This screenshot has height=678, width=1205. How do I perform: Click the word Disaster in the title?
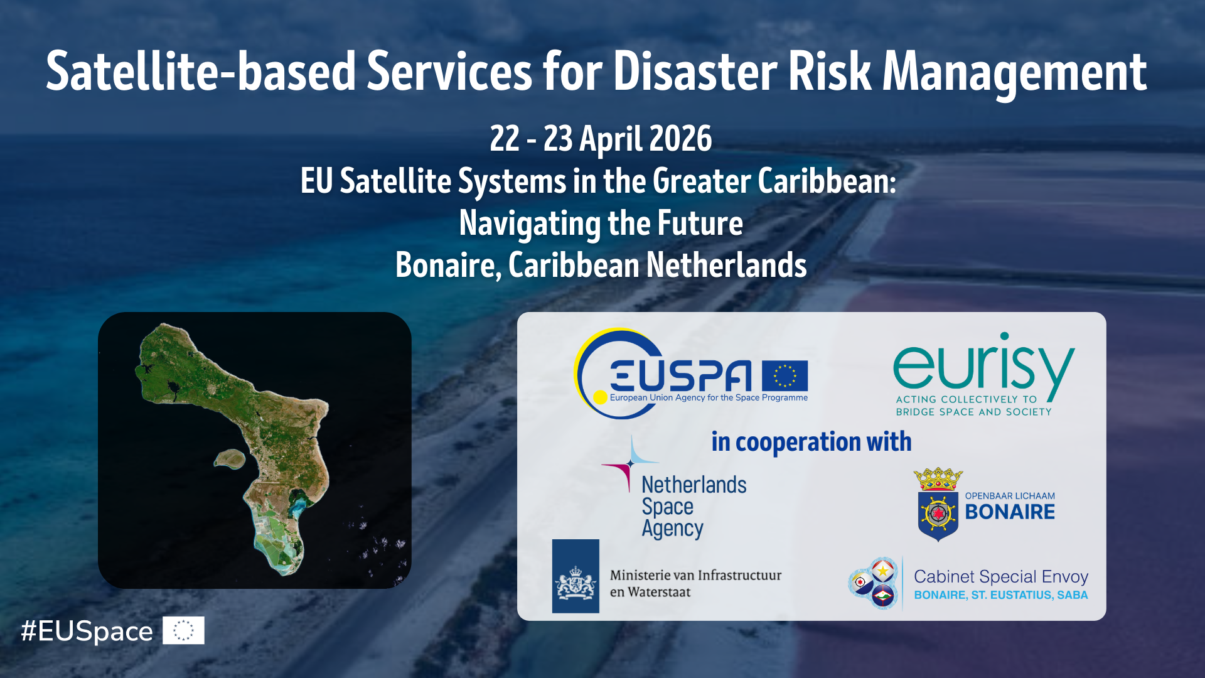[695, 72]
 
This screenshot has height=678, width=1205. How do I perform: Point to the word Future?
[700, 223]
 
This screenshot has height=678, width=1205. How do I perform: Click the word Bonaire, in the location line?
[448, 265]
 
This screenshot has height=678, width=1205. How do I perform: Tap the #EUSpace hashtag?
[87, 632]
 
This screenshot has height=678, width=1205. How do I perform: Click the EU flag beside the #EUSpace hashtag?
[183, 630]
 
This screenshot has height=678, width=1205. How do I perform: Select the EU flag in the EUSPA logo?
[785, 376]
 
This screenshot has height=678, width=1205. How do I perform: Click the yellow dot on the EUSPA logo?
[600, 397]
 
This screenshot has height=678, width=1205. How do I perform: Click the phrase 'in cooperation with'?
[811, 442]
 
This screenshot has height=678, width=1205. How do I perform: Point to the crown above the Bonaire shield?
[938, 479]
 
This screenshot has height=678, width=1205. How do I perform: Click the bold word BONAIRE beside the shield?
[1010, 512]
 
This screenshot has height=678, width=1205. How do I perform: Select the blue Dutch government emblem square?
[576, 576]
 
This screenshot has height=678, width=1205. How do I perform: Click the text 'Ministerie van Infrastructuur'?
[695, 575]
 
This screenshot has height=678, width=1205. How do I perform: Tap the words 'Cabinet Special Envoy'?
[1001, 576]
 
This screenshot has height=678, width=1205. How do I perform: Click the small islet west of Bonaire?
[229, 459]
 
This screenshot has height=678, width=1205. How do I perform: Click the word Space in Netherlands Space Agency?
[667, 507]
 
